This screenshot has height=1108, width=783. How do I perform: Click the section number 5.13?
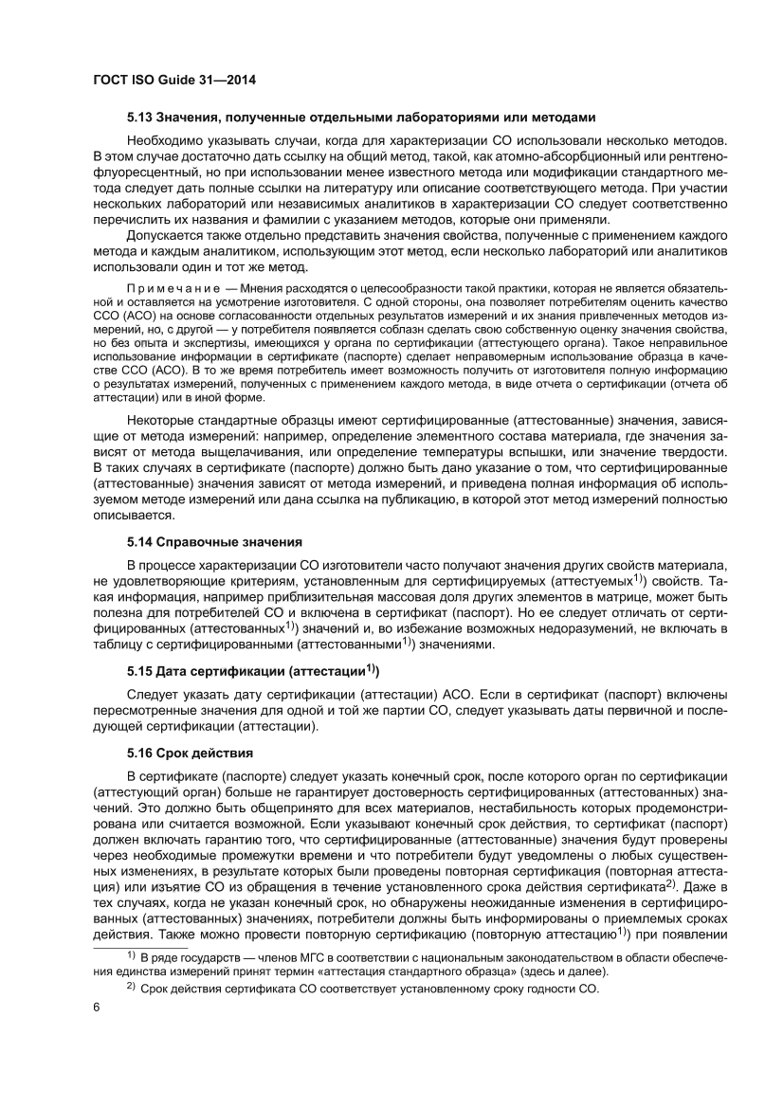(x=142, y=118)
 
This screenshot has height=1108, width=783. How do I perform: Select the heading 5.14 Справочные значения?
(x=214, y=543)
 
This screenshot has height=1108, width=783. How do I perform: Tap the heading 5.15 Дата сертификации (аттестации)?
(x=253, y=671)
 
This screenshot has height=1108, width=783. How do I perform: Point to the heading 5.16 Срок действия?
(x=190, y=754)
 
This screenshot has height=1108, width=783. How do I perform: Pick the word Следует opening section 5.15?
(x=150, y=693)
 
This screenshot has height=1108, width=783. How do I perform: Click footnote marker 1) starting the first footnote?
(x=132, y=959)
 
